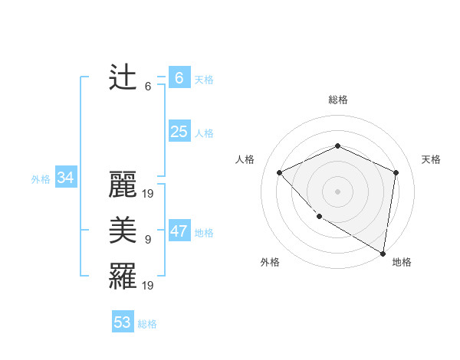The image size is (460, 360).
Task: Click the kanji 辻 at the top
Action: click(x=123, y=78)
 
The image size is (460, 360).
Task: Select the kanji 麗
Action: click(x=123, y=185)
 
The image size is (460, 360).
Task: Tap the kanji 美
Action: click(x=123, y=231)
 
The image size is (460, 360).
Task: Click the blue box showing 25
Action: click(x=179, y=132)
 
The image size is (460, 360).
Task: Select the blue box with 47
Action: click(x=179, y=231)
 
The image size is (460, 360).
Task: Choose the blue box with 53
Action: click(x=123, y=322)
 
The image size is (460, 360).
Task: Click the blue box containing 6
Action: click(x=179, y=78)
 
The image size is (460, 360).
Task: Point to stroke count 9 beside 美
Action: click(x=148, y=240)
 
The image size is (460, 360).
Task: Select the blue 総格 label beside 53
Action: click(x=147, y=324)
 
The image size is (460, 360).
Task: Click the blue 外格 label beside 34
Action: click(x=41, y=179)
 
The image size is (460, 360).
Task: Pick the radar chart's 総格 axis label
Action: click(x=337, y=100)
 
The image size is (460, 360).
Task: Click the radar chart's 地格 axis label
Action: click(x=402, y=262)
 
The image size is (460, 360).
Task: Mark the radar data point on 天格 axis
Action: click(x=396, y=172)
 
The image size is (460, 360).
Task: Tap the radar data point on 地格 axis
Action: click(x=383, y=253)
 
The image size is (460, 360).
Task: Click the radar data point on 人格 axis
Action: click(x=280, y=172)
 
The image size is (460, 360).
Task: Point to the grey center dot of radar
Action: click(x=337, y=191)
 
